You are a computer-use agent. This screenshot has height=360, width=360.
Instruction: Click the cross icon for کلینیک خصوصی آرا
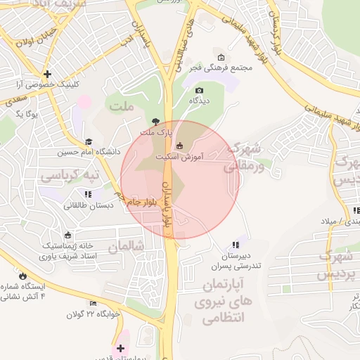click(46, 73)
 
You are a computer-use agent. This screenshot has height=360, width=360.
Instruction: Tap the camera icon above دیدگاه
click(199, 90)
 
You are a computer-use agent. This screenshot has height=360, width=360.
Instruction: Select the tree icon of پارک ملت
click(155, 122)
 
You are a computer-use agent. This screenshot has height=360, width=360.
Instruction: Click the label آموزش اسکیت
click(202, 157)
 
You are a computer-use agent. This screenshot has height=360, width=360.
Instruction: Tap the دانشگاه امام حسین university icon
click(88, 141)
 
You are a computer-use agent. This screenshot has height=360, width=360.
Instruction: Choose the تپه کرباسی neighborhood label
click(69, 173)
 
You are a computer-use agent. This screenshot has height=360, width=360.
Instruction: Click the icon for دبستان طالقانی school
click(88, 194)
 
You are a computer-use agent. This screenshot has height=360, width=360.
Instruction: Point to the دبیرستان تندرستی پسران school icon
click(236, 245)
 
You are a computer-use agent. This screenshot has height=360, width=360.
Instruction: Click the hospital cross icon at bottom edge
click(122, 348)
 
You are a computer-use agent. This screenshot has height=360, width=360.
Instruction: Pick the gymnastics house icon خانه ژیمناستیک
click(67, 235)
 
